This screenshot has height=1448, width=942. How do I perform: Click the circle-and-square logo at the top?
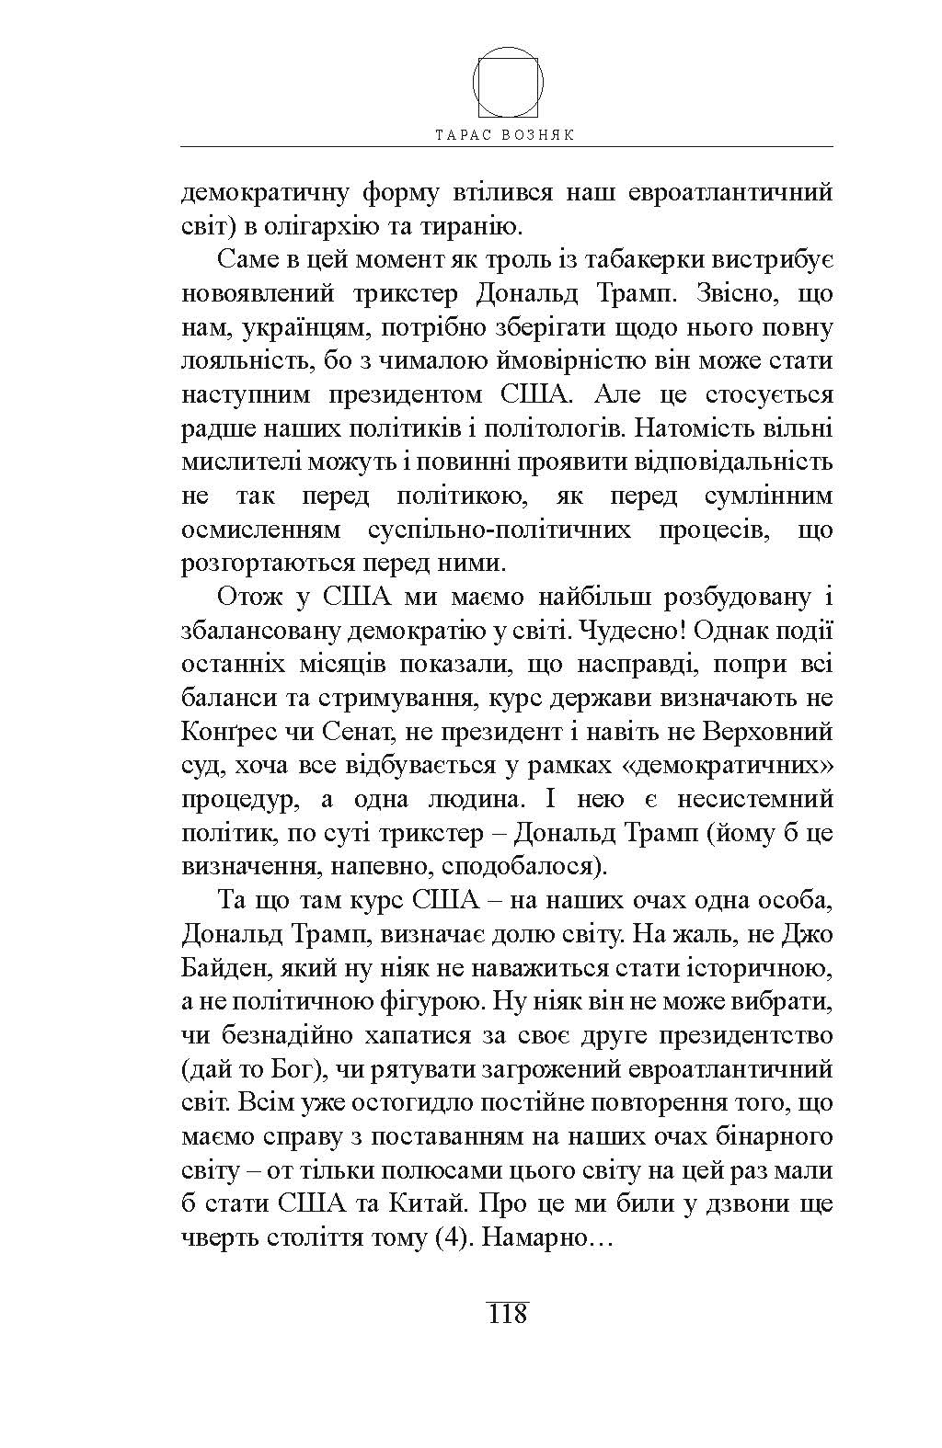tap(507, 81)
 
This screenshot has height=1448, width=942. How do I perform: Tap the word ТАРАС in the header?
tap(465, 134)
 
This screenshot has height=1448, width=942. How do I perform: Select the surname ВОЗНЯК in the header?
tap(544, 134)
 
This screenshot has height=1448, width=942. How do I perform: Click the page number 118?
tap(507, 1313)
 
